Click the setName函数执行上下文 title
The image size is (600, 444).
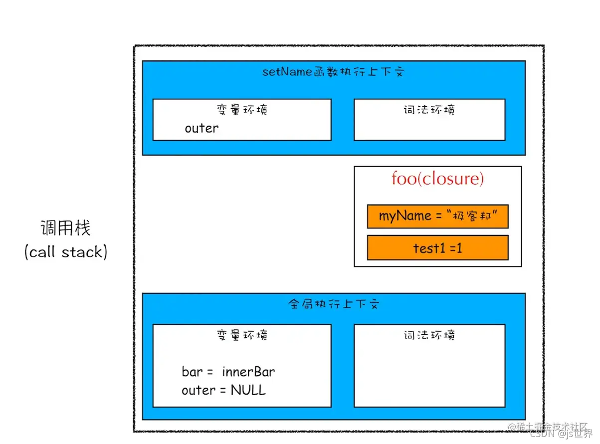(333, 72)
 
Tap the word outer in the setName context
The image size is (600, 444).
(201, 128)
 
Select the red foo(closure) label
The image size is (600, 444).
(437, 179)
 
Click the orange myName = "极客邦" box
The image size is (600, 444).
(437, 216)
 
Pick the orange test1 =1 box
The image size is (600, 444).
(437, 247)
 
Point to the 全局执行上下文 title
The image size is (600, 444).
(333, 304)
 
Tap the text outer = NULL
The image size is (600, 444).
(223, 390)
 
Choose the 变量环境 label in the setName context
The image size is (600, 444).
(242, 109)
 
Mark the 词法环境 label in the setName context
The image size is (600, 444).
(429, 109)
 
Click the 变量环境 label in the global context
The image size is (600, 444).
(242, 335)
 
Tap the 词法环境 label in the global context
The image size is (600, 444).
(429, 335)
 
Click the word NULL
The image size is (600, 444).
(248, 390)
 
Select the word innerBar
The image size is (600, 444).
(248, 372)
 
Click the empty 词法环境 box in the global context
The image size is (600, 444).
(429, 374)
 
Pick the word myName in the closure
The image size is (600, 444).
(405, 216)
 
